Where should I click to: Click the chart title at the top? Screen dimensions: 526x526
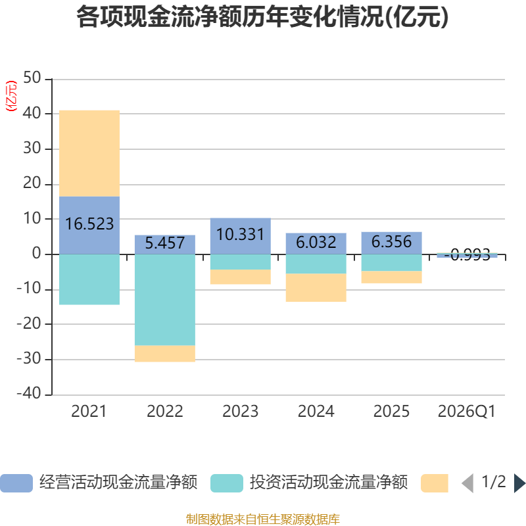point(262,17)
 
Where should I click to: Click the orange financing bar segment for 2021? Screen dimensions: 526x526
point(89,153)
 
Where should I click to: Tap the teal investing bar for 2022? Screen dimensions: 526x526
point(164,300)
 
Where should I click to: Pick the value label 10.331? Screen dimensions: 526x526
point(240,235)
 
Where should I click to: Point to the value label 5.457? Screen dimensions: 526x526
point(164,243)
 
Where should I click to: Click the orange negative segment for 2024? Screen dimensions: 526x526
point(316,288)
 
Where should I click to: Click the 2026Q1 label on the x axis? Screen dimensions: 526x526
point(466,412)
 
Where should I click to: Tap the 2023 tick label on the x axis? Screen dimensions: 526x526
point(240,412)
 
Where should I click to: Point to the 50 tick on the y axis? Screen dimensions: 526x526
point(32,79)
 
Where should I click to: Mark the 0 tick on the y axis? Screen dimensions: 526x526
point(37,254)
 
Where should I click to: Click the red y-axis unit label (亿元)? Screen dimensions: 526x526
point(11,96)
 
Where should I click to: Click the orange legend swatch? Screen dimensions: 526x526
point(434,483)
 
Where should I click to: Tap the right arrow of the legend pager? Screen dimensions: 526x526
point(519,483)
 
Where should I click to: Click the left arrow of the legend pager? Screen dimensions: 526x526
point(467,483)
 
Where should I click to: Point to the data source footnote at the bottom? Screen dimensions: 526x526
point(262,519)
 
